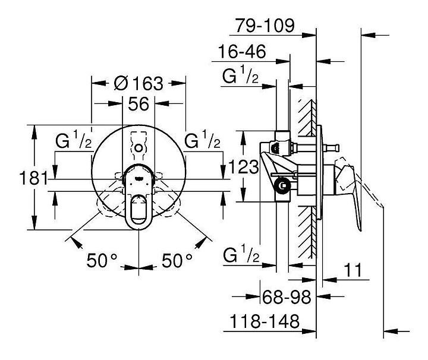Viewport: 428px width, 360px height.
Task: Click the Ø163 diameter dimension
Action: pyautogui.click(x=139, y=83)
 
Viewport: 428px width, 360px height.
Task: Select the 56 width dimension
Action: pyautogui.click(x=139, y=103)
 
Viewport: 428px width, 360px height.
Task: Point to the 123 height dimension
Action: pyautogui.click(x=243, y=167)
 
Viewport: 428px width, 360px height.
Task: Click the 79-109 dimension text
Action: pyautogui.click(x=265, y=26)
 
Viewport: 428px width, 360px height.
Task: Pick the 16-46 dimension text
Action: pyautogui.click(x=242, y=52)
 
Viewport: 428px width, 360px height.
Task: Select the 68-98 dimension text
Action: pyautogui.click(x=287, y=297)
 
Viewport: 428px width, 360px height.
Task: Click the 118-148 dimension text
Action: pyautogui.click(x=265, y=321)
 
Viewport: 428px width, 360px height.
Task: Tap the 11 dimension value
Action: pyautogui.click(x=353, y=270)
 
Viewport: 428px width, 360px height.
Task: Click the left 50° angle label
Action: pyautogui.click(x=102, y=260)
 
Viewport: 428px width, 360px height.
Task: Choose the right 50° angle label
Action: pyautogui.click(x=177, y=260)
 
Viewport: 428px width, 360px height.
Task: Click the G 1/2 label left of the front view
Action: pyautogui.click(x=74, y=140)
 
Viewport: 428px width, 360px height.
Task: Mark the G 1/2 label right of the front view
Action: pyautogui.click(x=202, y=140)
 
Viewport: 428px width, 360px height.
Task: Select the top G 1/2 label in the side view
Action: pyautogui.click(x=240, y=74)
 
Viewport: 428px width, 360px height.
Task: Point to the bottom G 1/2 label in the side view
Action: pyautogui.click(x=241, y=255)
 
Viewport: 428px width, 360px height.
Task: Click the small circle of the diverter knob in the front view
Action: pyautogui.click(x=139, y=148)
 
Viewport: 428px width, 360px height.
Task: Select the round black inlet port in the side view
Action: pyautogui.click(x=283, y=186)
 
